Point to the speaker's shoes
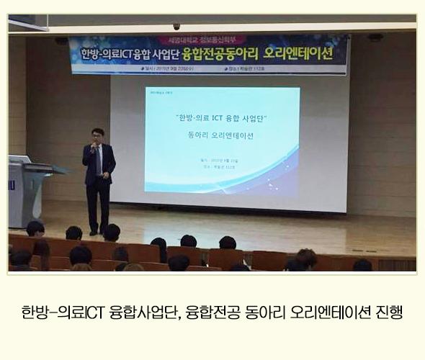pos(100,231)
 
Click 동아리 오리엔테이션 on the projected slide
pos(221,135)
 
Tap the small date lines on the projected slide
pos(221,163)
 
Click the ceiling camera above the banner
pos(176,26)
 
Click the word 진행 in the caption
pos(388,313)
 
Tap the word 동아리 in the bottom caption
pos(264,313)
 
